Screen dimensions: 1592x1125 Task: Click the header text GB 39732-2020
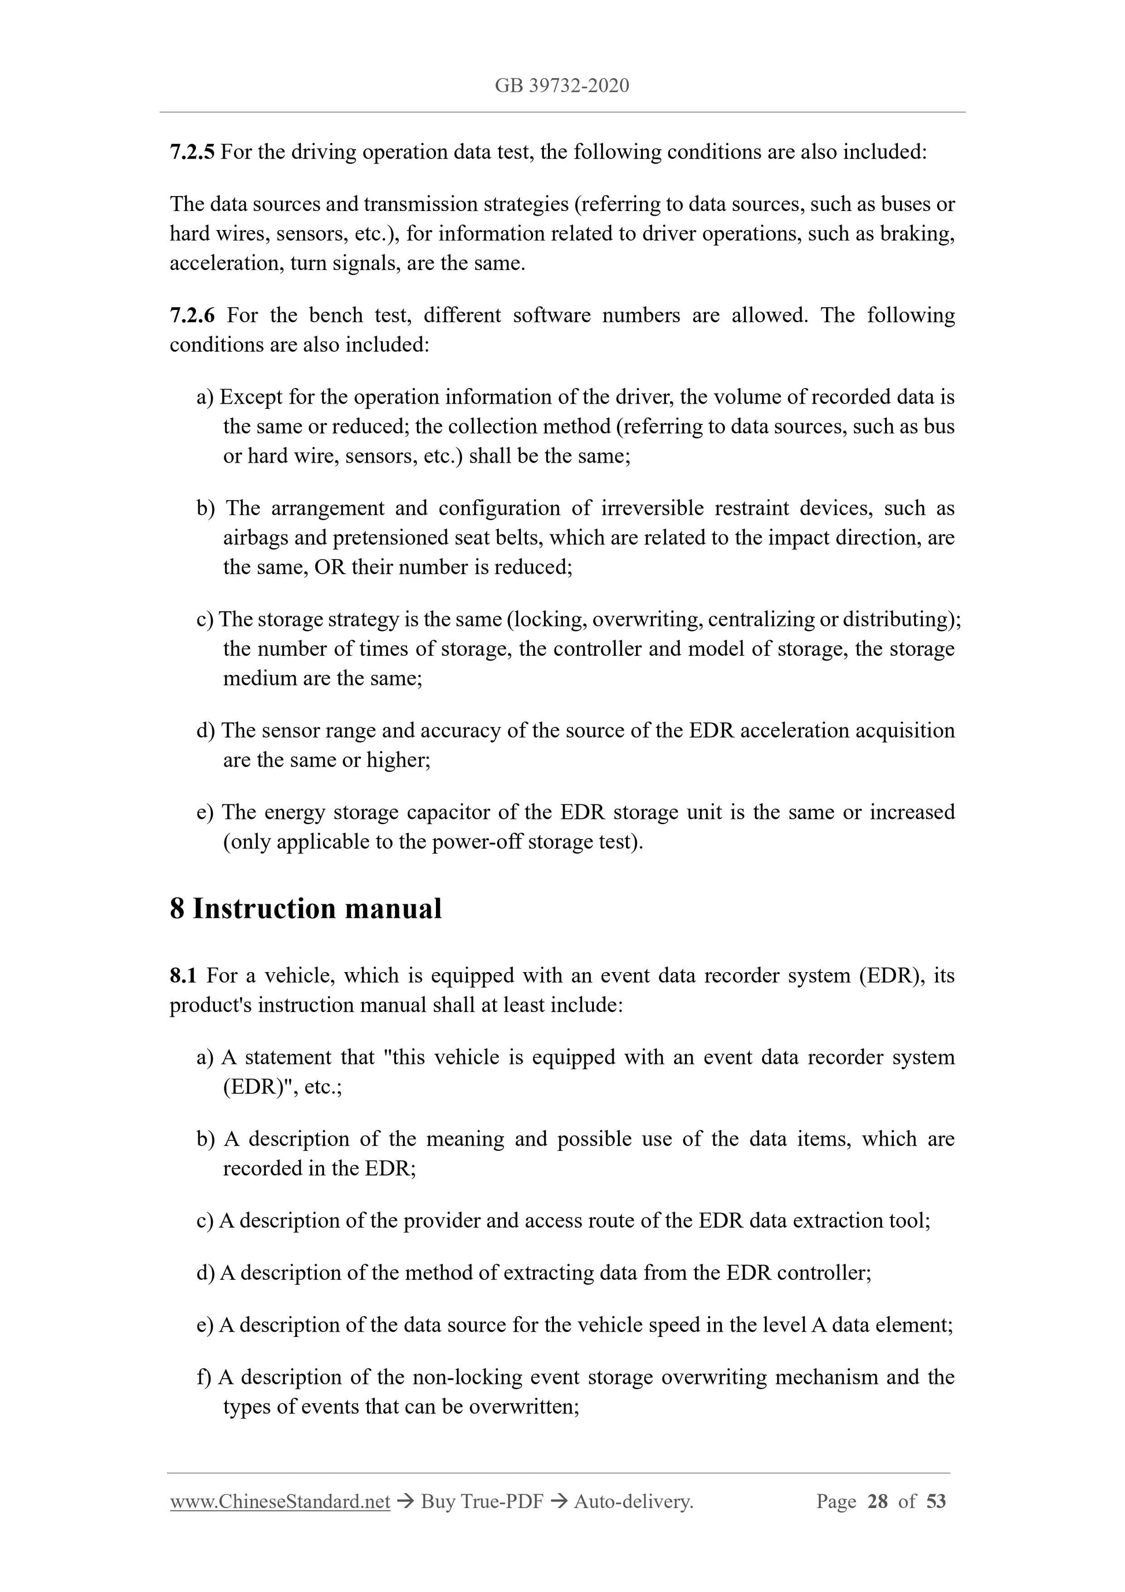pos(561,86)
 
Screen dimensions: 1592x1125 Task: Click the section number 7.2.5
pos(192,152)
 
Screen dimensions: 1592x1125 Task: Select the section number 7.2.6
pos(192,316)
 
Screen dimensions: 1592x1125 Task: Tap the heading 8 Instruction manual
pos(305,908)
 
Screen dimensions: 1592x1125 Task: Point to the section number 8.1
pos(183,976)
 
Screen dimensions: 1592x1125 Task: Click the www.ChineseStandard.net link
pos(280,1502)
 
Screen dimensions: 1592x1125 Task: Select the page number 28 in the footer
pos(877,1502)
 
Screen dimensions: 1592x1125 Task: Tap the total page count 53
pos(936,1502)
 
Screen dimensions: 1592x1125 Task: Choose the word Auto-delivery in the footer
pos(633,1502)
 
